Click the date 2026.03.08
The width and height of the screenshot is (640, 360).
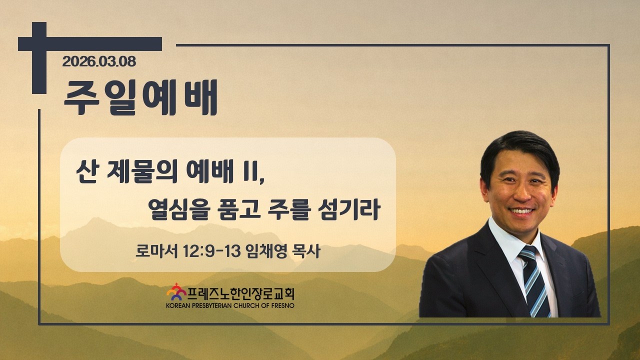pos(99,61)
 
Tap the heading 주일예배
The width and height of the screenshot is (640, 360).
pos(140,97)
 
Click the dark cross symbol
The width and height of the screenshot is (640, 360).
pos(39,57)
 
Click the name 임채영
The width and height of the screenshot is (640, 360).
pos(266,251)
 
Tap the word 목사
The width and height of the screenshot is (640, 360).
pos(306,251)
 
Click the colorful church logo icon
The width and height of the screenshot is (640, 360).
pos(176,292)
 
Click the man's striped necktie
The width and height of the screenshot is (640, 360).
pos(535,281)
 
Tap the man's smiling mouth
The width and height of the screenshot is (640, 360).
pos(521,211)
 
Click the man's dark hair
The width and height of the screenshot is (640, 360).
pos(519,154)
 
